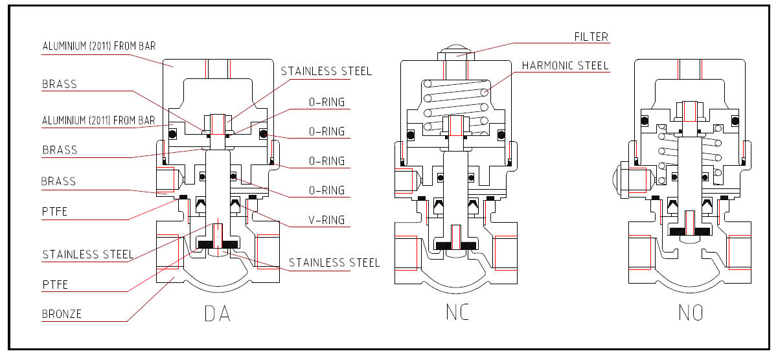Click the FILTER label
(x=591, y=37)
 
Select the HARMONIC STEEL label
(x=565, y=65)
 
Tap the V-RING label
(x=326, y=219)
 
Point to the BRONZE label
(x=62, y=314)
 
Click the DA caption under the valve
(x=217, y=313)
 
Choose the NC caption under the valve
(x=457, y=312)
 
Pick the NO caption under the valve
(x=691, y=313)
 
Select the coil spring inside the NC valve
(x=456, y=107)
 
